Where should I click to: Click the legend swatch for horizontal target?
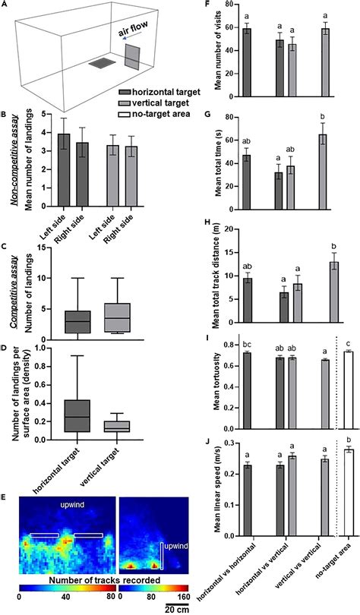125,92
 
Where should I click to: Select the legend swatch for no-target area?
125,114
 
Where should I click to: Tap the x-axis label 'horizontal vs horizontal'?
230,576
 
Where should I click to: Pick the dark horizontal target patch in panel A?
102,64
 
